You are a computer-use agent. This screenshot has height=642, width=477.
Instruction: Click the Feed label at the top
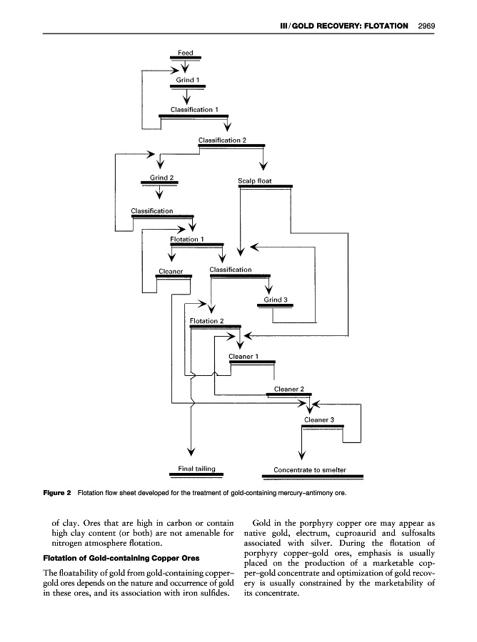tap(185, 53)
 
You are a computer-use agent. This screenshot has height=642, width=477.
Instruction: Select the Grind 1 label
tap(187, 80)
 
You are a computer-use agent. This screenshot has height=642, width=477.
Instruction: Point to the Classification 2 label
tap(222, 140)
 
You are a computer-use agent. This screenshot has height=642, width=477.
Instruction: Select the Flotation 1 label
tap(186, 239)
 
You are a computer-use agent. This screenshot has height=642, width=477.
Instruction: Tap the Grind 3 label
tap(275, 300)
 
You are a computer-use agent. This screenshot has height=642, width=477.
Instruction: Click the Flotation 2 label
tap(207, 321)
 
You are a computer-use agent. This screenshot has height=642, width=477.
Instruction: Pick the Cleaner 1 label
tap(243, 356)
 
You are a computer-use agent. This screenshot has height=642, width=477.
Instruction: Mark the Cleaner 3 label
tap(319, 419)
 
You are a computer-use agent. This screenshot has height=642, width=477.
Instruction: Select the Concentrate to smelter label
tap(310, 470)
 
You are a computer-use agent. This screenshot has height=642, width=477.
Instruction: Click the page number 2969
tap(427, 26)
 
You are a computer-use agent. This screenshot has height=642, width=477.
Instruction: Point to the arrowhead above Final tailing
tap(191, 451)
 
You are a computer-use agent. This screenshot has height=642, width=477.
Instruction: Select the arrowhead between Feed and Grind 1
tap(186, 69)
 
